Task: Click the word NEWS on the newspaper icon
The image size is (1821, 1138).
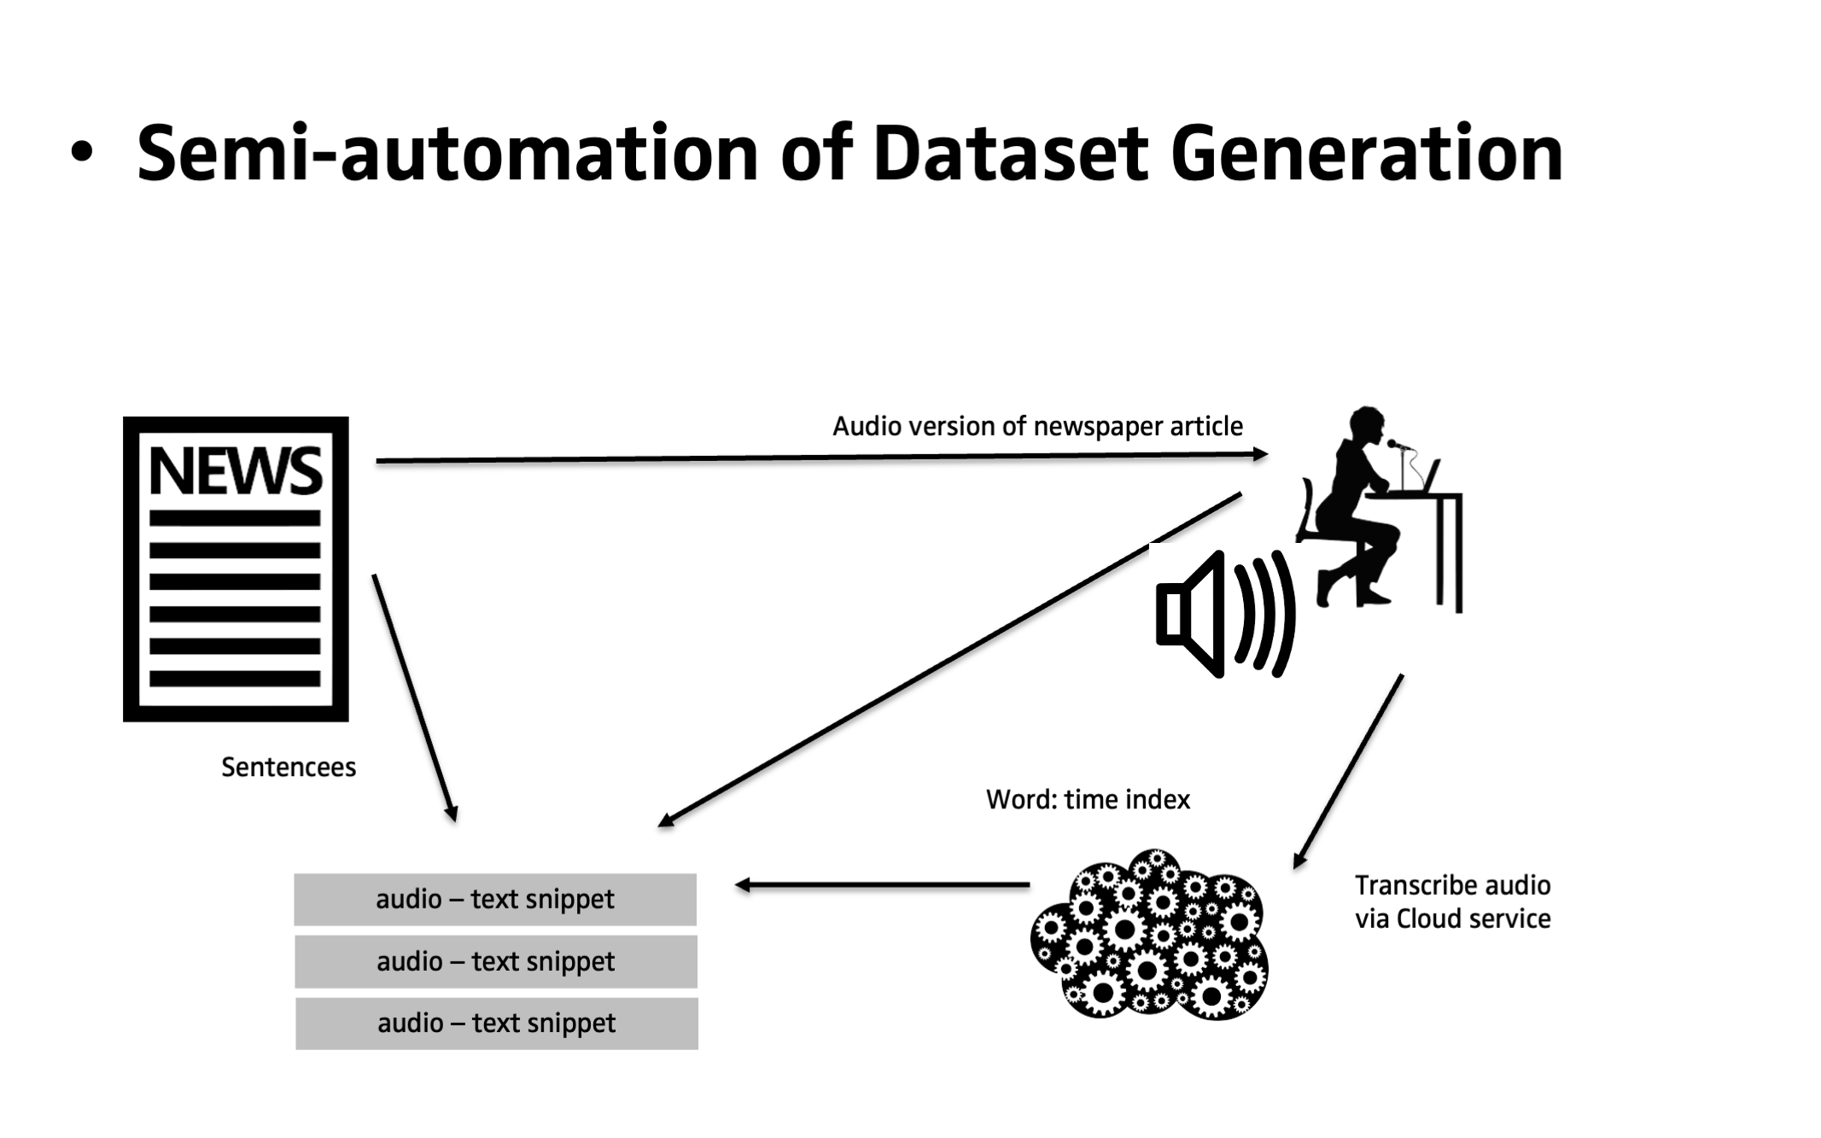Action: click(x=236, y=471)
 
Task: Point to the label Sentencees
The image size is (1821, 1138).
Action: click(x=289, y=767)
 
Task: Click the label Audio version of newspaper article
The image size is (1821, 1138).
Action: click(x=1037, y=426)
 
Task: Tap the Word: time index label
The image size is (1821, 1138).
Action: click(x=1088, y=799)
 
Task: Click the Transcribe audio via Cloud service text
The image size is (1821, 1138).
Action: click(x=1452, y=902)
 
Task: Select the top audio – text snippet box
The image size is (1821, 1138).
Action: click(x=495, y=899)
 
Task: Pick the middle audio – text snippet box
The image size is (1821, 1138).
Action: click(x=496, y=961)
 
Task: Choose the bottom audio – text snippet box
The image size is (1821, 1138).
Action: click(x=497, y=1023)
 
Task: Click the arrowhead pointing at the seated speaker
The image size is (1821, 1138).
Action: click(x=1260, y=454)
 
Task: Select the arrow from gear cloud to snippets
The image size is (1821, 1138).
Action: click(x=883, y=885)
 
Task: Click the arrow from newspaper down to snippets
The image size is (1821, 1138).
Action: click(x=414, y=696)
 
